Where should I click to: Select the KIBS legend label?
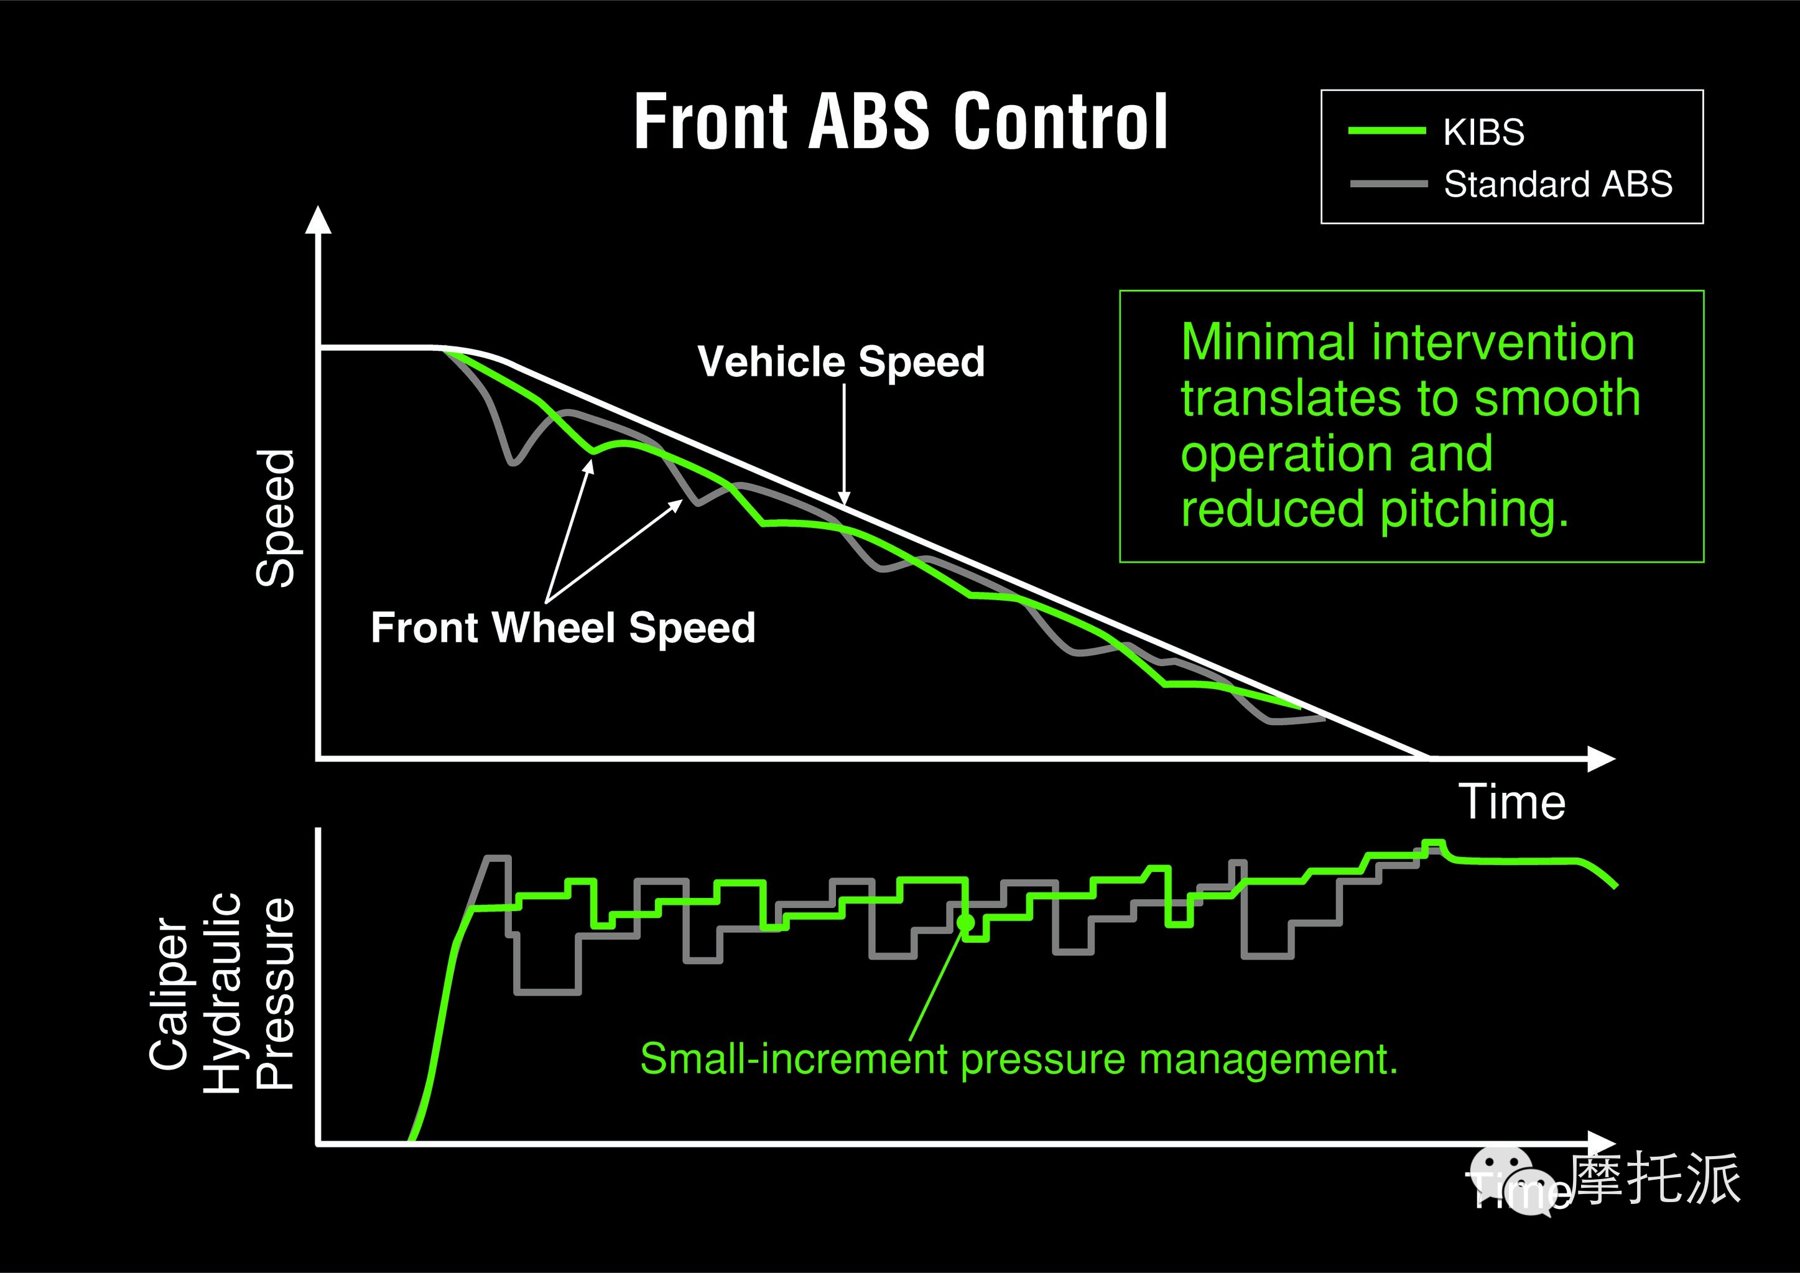[x=1483, y=132]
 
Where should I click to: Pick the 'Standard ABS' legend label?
[x=1558, y=185]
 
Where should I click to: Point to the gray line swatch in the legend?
[x=1388, y=184]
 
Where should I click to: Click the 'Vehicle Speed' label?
[x=840, y=362]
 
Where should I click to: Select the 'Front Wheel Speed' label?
[x=563, y=628]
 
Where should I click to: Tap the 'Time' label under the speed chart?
[x=1511, y=803]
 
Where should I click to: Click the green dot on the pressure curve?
[x=966, y=923]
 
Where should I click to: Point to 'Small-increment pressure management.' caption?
[x=1018, y=1059]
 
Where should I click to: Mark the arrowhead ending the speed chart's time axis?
[x=1601, y=759]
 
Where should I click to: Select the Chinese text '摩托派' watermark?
[x=1655, y=1178]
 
